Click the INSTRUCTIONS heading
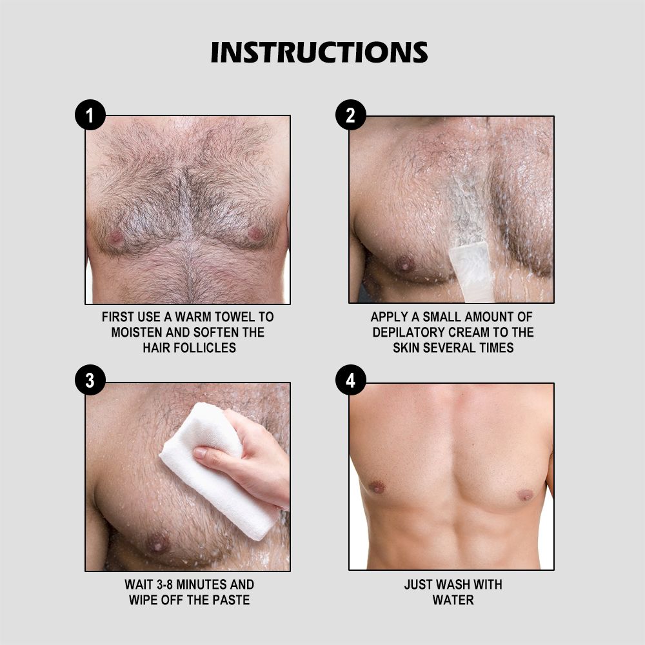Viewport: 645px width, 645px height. [x=319, y=52]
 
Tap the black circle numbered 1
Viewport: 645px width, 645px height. [x=90, y=115]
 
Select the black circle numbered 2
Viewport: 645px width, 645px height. [x=350, y=115]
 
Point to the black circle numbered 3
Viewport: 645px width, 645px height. [x=90, y=380]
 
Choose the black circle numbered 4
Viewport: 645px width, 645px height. [x=350, y=380]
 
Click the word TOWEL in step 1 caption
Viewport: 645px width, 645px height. [x=235, y=317]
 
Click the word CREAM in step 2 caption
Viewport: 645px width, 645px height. [x=467, y=332]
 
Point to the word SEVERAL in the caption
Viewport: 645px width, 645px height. [x=450, y=348]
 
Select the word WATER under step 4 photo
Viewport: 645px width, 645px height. [x=453, y=600]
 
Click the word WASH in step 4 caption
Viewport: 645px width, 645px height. [x=451, y=584]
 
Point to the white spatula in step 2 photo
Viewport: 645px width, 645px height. [x=471, y=271]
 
